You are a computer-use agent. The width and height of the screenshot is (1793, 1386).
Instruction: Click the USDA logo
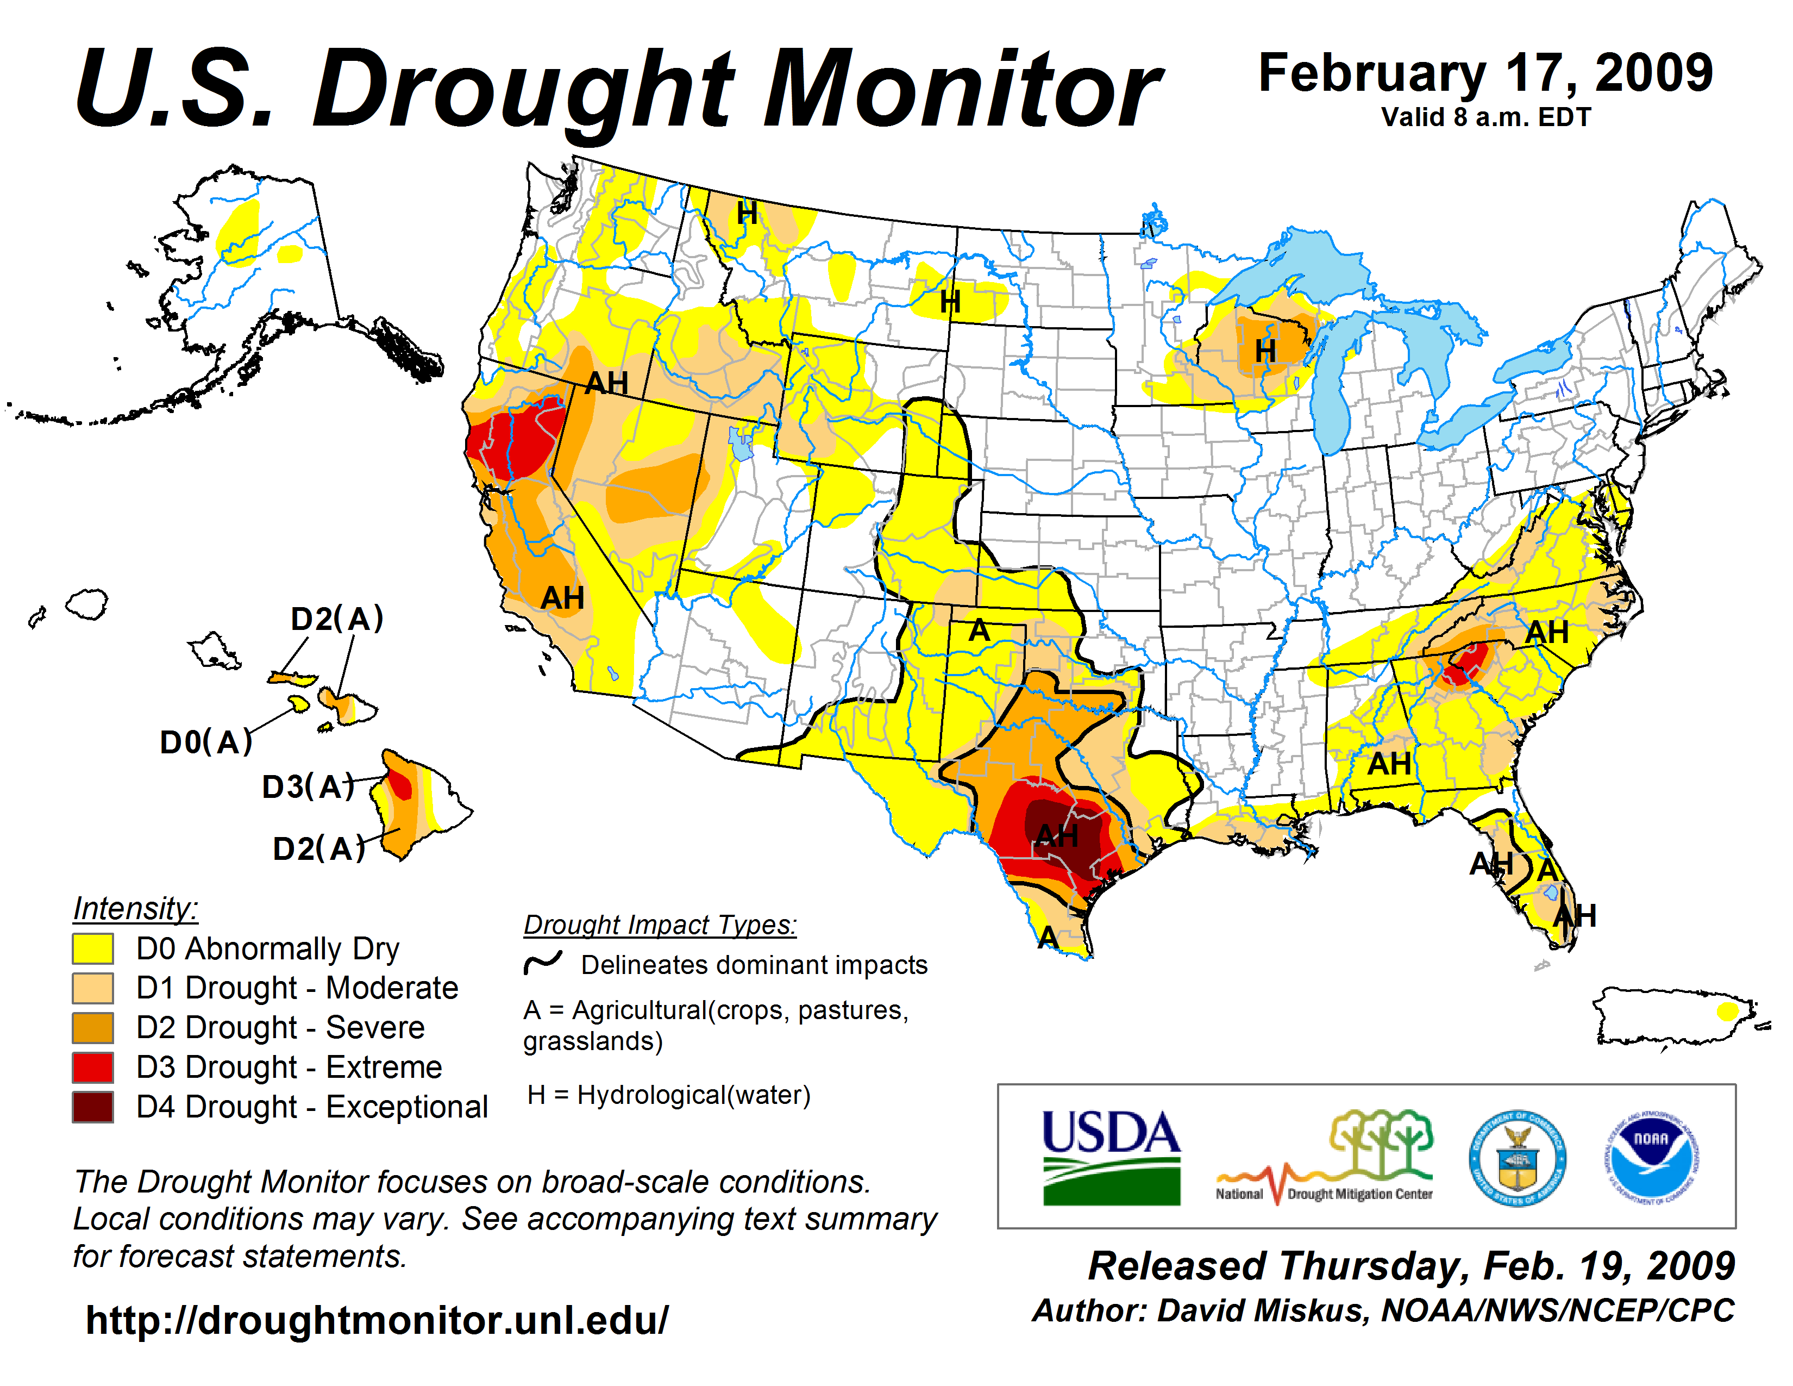[x=1111, y=1158]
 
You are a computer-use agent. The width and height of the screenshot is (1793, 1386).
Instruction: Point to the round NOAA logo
[x=1652, y=1158]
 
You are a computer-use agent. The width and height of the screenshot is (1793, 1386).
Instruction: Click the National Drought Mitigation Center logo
[x=1324, y=1158]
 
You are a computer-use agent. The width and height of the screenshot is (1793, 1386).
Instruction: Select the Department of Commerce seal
[x=1517, y=1158]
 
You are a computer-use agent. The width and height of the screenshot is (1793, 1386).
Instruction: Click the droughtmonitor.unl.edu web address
[x=377, y=1320]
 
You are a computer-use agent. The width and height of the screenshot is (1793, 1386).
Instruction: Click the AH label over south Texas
[x=1057, y=836]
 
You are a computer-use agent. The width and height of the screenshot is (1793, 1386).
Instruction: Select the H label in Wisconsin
[x=1265, y=352]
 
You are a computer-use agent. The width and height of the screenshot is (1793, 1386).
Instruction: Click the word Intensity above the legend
[x=135, y=909]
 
